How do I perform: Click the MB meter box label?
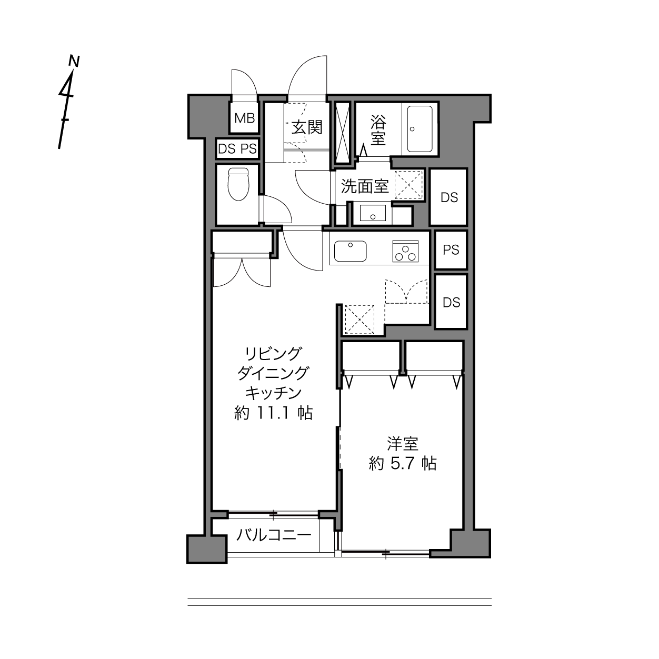(x=245, y=118)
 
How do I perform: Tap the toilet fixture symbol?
(x=238, y=184)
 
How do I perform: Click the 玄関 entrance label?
(x=307, y=128)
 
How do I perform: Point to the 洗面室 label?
(x=365, y=187)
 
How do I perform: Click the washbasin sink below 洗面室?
(x=373, y=213)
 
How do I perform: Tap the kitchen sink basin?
(x=350, y=252)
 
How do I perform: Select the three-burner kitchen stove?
(x=406, y=252)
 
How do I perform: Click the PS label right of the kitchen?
(x=451, y=251)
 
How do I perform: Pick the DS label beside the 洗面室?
(x=449, y=198)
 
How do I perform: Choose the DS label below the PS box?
(x=452, y=302)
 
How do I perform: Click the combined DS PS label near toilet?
(x=237, y=149)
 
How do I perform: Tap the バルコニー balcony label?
(x=274, y=535)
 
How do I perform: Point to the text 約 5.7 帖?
(x=403, y=464)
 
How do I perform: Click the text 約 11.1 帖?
(x=274, y=413)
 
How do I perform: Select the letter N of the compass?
(x=74, y=61)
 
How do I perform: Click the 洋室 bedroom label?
(x=403, y=444)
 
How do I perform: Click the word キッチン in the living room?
(x=274, y=393)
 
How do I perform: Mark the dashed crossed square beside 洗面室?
(x=408, y=185)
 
